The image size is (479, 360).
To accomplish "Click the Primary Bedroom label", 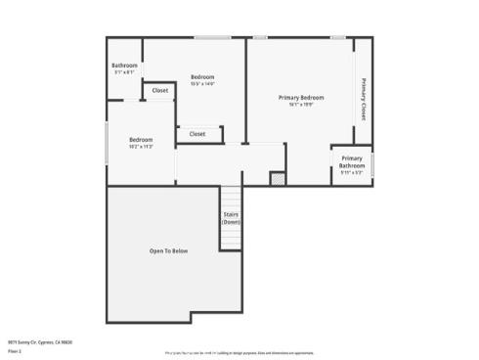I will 300,97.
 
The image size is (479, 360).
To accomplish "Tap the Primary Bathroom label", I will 351,161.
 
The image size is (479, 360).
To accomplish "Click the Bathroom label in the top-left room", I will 124,66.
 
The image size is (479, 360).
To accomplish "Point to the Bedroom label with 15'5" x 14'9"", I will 202,77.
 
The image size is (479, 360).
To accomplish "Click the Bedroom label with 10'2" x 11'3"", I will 141,140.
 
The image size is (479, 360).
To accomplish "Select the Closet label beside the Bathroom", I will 160,91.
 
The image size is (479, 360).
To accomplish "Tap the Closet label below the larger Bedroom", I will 197,134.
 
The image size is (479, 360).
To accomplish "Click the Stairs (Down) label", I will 231,217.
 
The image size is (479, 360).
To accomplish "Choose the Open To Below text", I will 168,251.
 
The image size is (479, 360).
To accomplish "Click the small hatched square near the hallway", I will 278,178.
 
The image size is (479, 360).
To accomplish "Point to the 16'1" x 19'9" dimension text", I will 300,105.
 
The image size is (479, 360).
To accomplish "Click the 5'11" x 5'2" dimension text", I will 351,173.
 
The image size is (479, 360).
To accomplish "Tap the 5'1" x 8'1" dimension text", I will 124,72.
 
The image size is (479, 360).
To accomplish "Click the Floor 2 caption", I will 15,351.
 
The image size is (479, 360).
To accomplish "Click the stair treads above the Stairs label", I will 231,197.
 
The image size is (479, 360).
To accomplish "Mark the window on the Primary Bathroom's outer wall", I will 372,163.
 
